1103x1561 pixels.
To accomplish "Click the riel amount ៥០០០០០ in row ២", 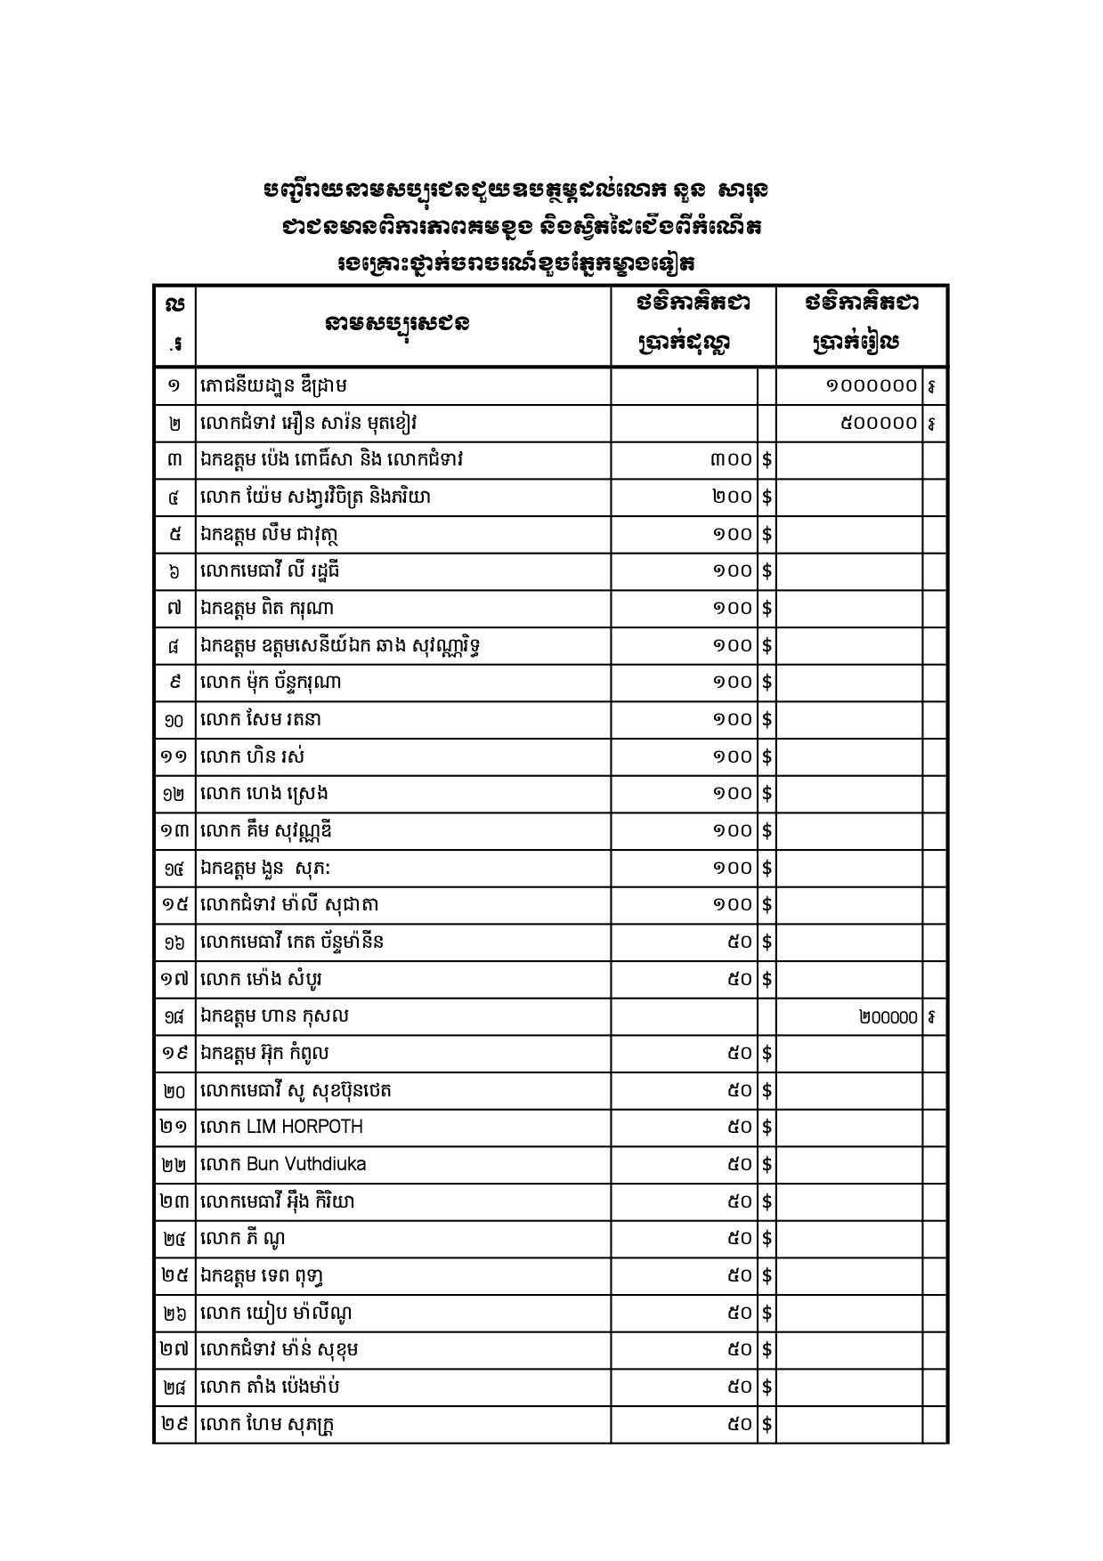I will click(x=879, y=423).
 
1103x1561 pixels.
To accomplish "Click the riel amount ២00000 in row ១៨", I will click(x=888, y=1016).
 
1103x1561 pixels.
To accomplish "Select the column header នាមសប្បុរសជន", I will click(x=398, y=324).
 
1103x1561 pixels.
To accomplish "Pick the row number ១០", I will click(x=174, y=720).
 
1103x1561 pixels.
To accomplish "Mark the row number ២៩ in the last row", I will click(x=174, y=1424).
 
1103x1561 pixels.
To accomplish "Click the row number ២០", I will click(x=174, y=1091).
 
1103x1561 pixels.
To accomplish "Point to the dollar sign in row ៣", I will click(x=766, y=459).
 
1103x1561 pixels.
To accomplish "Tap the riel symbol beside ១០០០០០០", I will click(x=932, y=386).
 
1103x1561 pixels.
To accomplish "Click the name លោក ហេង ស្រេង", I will click(x=266, y=793).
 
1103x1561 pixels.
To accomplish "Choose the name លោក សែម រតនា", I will click(x=260, y=719).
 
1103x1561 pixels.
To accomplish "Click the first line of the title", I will click(x=515, y=190).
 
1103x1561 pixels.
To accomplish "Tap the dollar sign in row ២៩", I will click(x=766, y=1424).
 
